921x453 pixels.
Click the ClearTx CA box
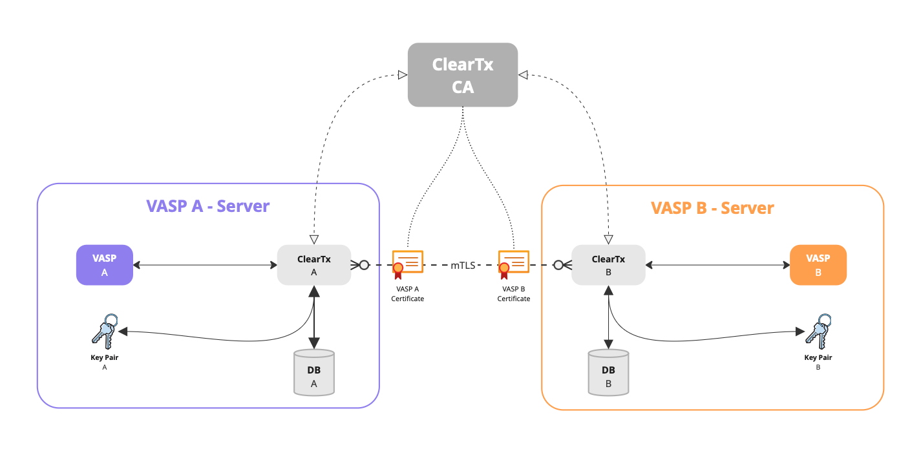pos(463,75)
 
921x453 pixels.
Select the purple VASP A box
pos(105,265)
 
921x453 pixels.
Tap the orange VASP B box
pos(818,265)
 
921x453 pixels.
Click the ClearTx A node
pos(314,265)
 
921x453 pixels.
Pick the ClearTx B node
pos(608,265)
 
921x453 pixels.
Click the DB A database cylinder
pos(314,373)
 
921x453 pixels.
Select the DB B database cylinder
pos(608,373)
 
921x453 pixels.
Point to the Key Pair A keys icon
pos(103,331)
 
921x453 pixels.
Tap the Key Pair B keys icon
pos(817,331)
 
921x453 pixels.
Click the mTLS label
pos(463,265)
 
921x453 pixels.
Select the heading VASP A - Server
pos(207,206)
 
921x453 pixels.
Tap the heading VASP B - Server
pos(712,208)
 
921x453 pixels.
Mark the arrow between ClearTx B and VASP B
pos(717,265)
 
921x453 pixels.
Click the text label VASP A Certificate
pos(407,294)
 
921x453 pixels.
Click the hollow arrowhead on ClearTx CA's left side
pos(403,75)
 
